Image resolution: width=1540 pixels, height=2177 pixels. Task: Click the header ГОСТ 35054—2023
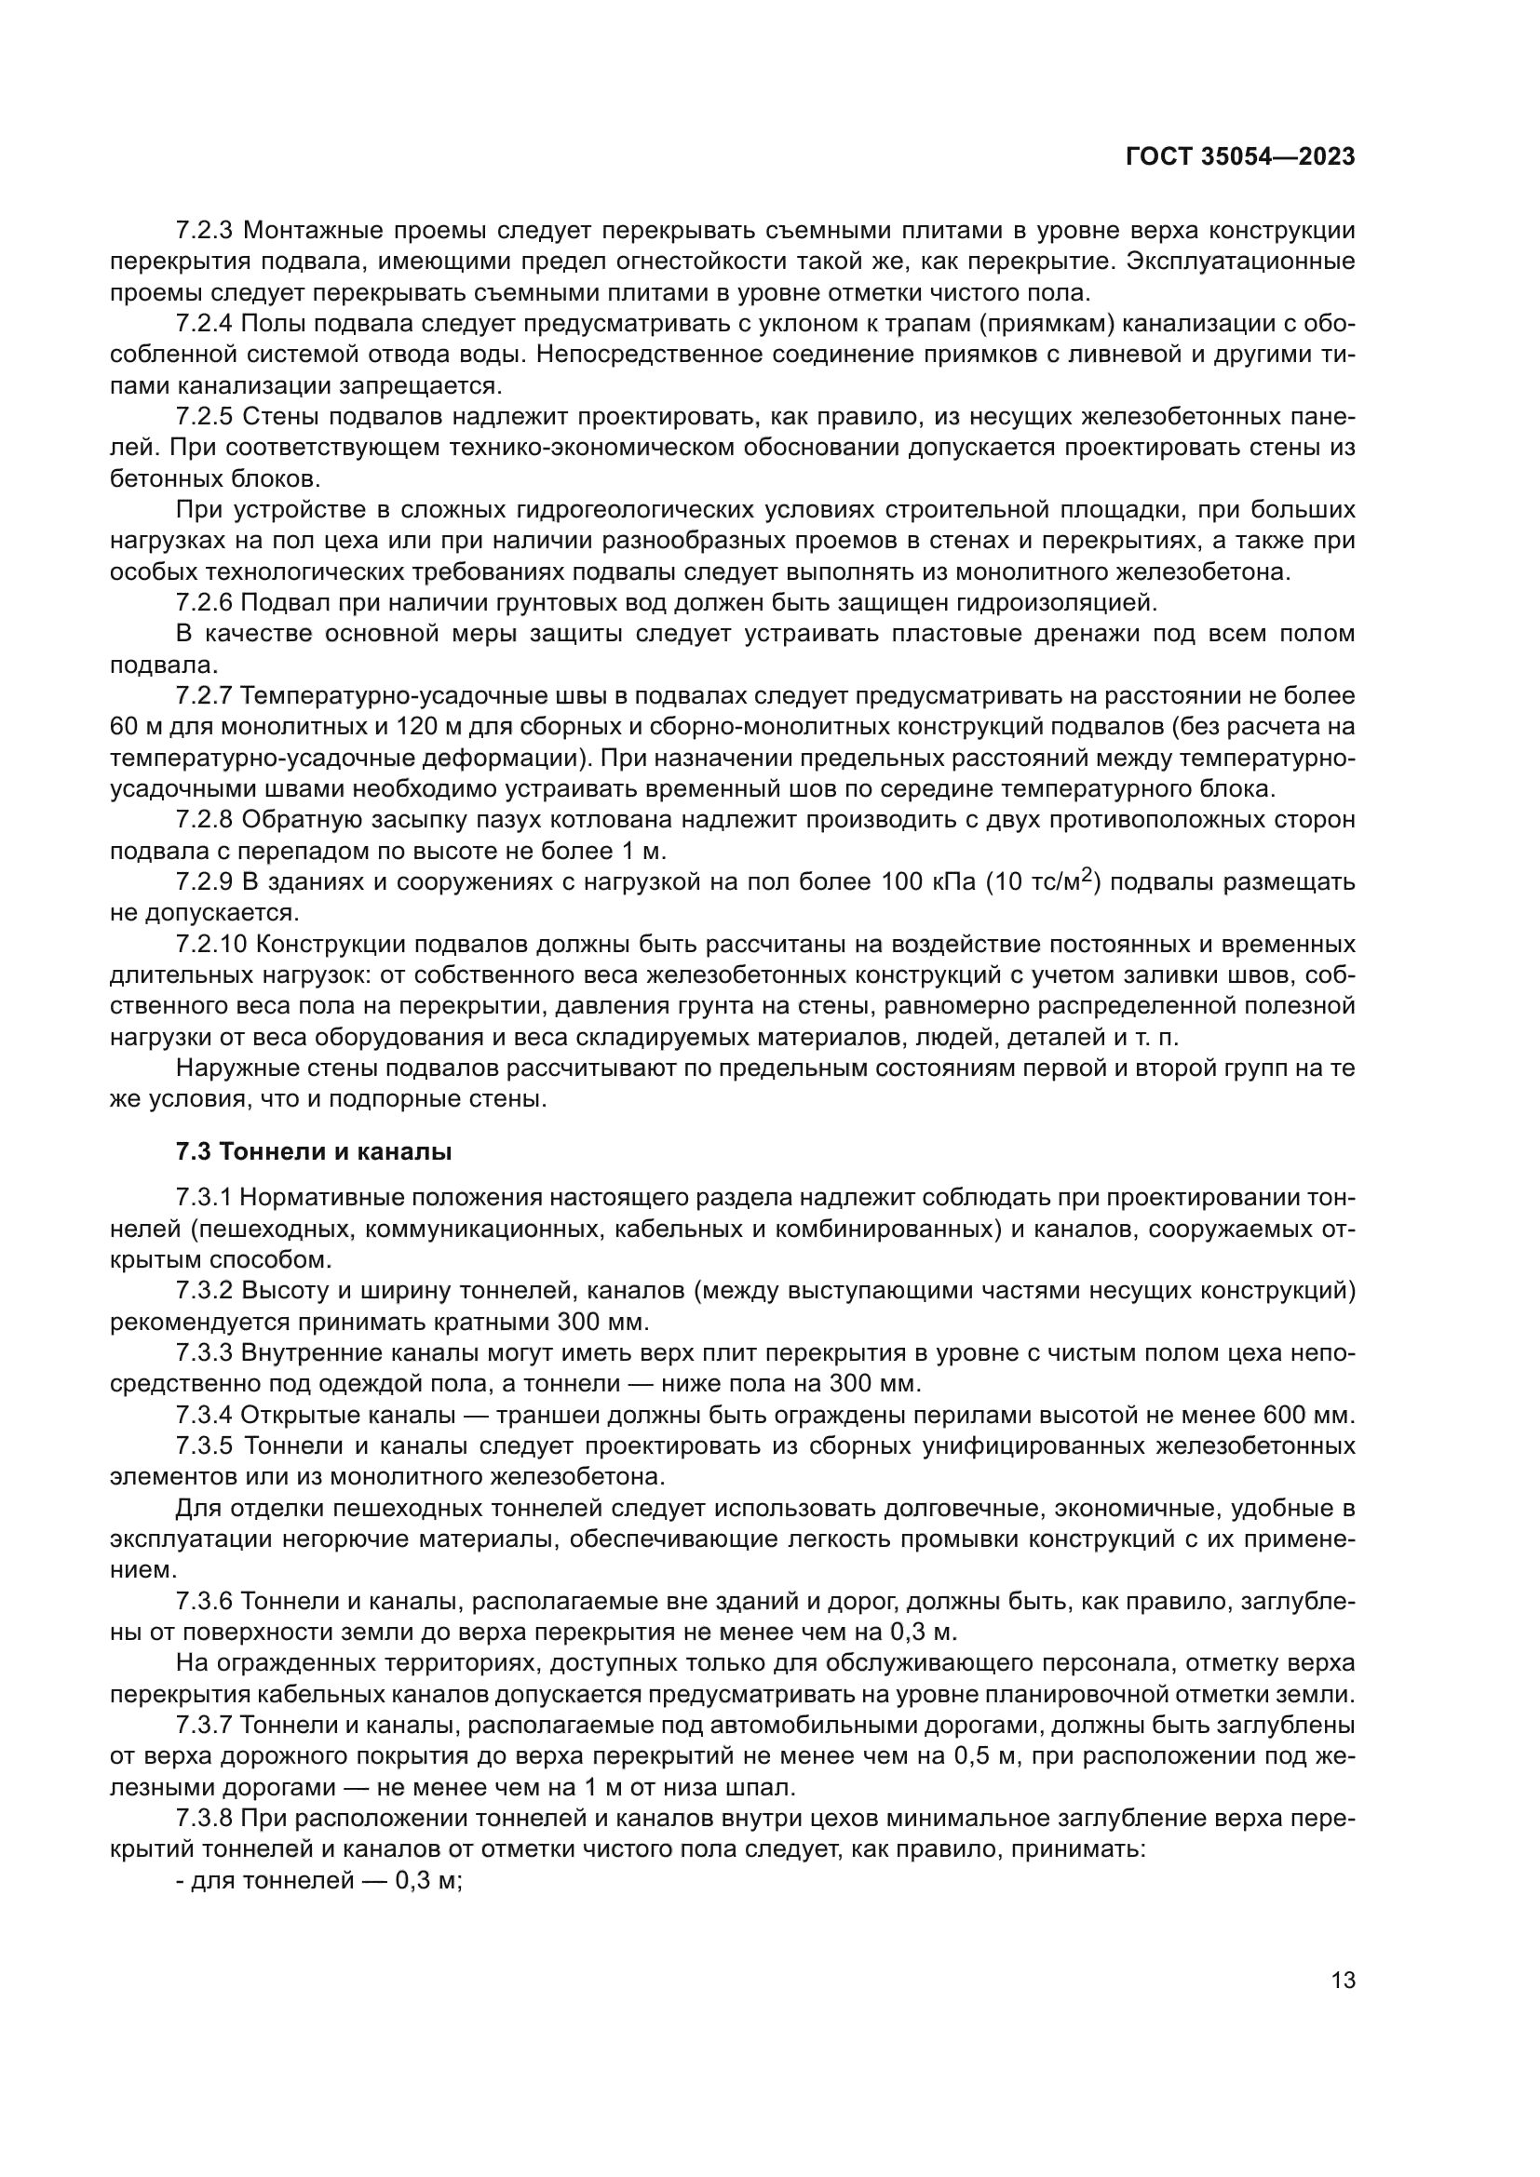coord(1239,157)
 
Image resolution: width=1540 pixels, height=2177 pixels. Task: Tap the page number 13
coord(1343,1980)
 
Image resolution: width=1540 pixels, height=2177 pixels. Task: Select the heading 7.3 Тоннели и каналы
coord(314,1152)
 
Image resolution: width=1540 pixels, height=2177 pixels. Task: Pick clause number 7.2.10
coord(211,945)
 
